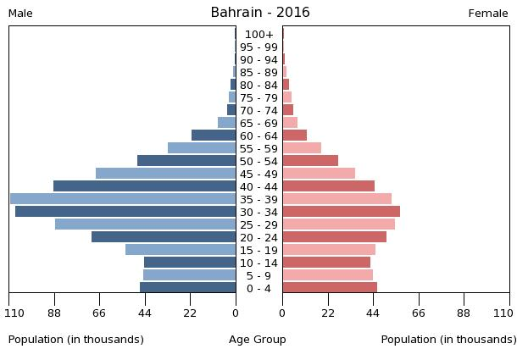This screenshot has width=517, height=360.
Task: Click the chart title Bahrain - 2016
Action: click(260, 13)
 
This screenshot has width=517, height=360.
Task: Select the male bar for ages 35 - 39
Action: click(123, 199)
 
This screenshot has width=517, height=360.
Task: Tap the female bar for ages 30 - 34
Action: click(341, 212)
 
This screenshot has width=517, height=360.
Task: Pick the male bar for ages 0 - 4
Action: click(188, 288)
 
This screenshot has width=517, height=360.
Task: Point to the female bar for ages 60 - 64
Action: click(294, 136)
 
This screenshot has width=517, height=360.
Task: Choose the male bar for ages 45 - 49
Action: click(166, 174)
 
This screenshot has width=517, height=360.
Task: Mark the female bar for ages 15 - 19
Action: click(329, 250)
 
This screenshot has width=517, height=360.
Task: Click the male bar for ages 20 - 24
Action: click(164, 237)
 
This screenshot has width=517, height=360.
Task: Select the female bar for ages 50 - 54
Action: click(310, 161)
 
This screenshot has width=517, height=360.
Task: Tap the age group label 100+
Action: click(258, 35)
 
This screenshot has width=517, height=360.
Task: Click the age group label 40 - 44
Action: click(258, 186)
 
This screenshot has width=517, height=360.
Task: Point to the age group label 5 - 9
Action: click(258, 275)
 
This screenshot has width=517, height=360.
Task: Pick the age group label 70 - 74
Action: click(258, 110)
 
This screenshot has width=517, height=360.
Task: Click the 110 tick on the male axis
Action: click(14, 313)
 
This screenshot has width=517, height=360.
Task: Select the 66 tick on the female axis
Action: click(418, 313)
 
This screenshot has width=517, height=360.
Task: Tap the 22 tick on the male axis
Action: click(191, 313)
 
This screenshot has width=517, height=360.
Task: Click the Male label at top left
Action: click(20, 14)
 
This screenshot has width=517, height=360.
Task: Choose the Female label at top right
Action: click(488, 14)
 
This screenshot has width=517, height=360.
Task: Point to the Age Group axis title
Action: click(258, 340)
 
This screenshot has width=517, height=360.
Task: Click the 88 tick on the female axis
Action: click(464, 313)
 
